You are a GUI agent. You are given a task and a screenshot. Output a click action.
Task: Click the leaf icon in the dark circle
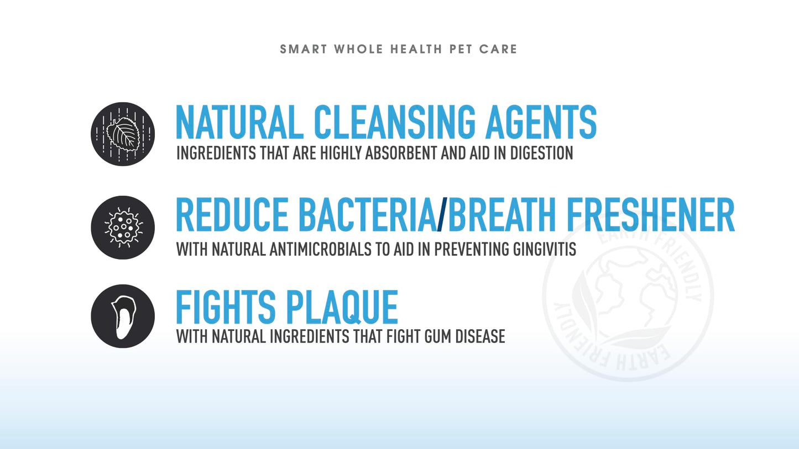pyautogui.click(x=123, y=134)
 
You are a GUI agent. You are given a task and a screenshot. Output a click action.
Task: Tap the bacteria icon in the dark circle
pyautogui.click(x=123, y=228)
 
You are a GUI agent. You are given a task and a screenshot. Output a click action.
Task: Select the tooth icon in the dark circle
pyautogui.click(x=123, y=316)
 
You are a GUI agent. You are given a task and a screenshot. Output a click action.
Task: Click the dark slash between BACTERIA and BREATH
pyautogui.click(x=441, y=215)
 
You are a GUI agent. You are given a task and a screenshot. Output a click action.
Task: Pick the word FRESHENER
pyautogui.click(x=657, y=215)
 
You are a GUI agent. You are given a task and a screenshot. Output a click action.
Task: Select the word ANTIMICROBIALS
pyautogui.click(x=321, y=249)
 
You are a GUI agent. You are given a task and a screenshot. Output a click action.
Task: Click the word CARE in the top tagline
pyautogui.click(x=498, y=49)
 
